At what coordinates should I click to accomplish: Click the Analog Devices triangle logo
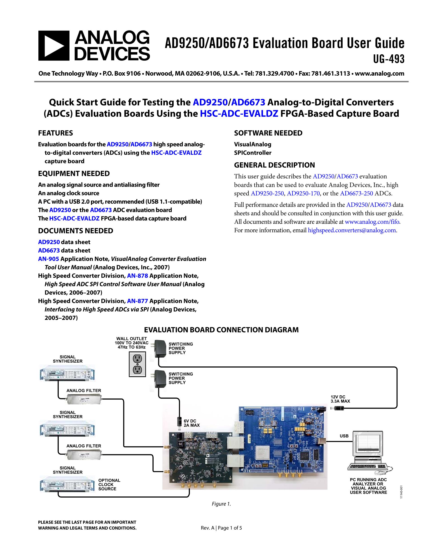[54, 46]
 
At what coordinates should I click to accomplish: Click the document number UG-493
[388, 59]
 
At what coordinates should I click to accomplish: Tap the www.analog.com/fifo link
[372, 222]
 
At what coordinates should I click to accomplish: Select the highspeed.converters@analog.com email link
[352, 230]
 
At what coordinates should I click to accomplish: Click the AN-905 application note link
[48, 259]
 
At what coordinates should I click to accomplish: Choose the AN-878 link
[138, 276]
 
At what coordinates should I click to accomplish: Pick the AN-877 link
[138, 301]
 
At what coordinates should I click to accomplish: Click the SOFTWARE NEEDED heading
[268, 133]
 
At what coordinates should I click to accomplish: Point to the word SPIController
[253, 153]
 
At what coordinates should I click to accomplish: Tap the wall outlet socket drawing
[137, 364]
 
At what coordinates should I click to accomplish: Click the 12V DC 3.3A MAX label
[340, 399]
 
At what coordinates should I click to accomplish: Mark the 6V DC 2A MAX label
[192, 423]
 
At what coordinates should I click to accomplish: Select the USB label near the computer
[344, 436]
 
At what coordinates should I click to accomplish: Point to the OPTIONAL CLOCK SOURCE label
[109, 484]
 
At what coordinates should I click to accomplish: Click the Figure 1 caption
[221, 504]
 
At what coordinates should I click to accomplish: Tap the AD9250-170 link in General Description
[303, 193]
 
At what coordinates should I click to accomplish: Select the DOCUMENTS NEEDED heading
[75, 231]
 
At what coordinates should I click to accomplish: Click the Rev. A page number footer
[221, 528]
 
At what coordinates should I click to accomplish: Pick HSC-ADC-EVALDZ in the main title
[239, 113]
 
